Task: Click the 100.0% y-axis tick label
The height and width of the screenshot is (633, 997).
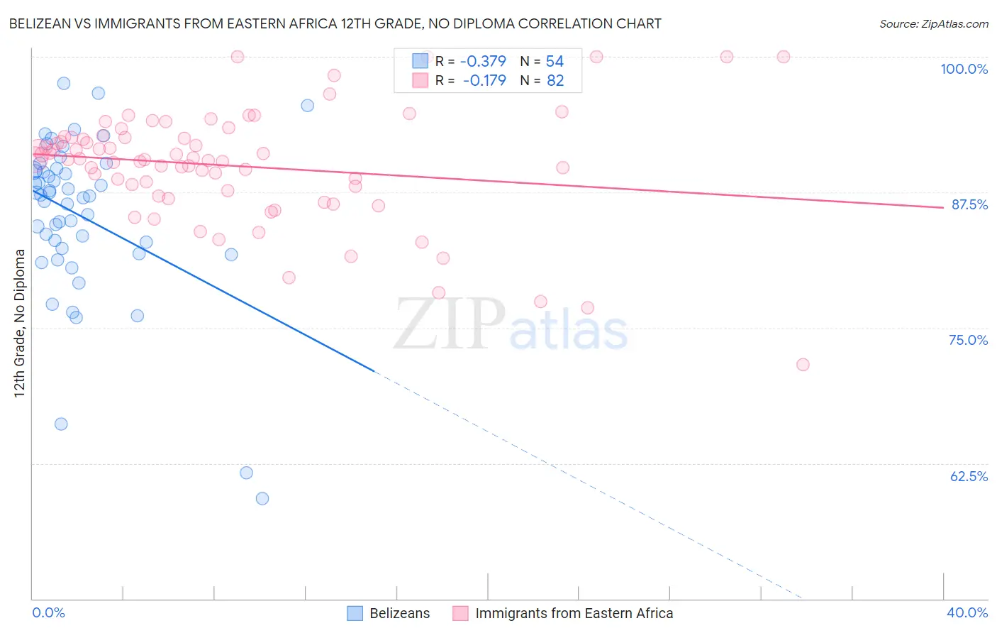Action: point(964,69)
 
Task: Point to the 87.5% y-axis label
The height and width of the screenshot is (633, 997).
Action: point(969,204)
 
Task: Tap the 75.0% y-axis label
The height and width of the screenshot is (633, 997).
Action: point(968,340)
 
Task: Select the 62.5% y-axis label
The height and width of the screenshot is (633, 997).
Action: point(969,476)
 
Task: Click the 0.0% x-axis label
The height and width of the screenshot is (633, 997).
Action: point(48,612)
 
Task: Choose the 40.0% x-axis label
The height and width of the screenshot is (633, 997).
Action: point(967,612)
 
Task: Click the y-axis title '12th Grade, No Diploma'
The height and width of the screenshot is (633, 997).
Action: point(19,323)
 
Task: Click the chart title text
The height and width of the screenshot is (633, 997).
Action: point(335,23)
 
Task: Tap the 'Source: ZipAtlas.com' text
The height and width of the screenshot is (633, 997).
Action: point(933,23)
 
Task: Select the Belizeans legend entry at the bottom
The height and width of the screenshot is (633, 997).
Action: point(399,613)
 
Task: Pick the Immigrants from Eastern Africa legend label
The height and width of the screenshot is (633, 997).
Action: point(574,613)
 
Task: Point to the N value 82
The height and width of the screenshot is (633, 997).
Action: point(555,81)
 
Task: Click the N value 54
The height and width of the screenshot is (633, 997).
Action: point(555,62)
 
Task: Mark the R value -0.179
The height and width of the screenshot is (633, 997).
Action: point(484,81)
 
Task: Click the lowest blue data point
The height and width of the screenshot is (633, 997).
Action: point(262,499)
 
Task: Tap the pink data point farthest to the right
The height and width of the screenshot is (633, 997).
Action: point(803,365)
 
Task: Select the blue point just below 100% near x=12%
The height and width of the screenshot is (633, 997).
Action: point(308,106)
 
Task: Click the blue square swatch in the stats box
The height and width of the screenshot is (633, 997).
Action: point(420,61)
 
